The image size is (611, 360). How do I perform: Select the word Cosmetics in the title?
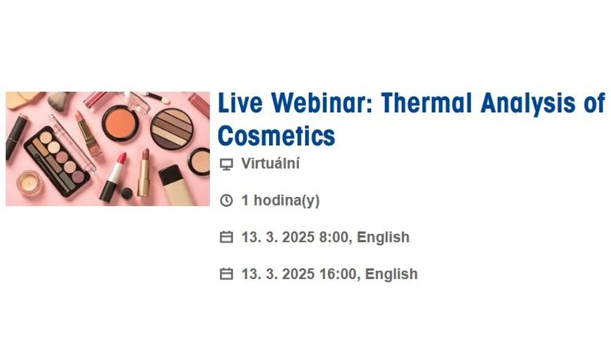pos(276,136)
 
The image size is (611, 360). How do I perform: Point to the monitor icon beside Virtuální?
pos(226,164)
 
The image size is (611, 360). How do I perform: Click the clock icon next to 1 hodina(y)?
pos(226,201)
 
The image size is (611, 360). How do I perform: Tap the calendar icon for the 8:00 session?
pos(226,237)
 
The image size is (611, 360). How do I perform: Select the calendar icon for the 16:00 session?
pos(226,274)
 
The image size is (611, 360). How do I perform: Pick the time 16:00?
pos(337,274)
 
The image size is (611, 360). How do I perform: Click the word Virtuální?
pos(270,164)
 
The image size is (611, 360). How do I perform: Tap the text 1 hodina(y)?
pos(280,201)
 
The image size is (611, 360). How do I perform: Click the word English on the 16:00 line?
pos(392,274)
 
